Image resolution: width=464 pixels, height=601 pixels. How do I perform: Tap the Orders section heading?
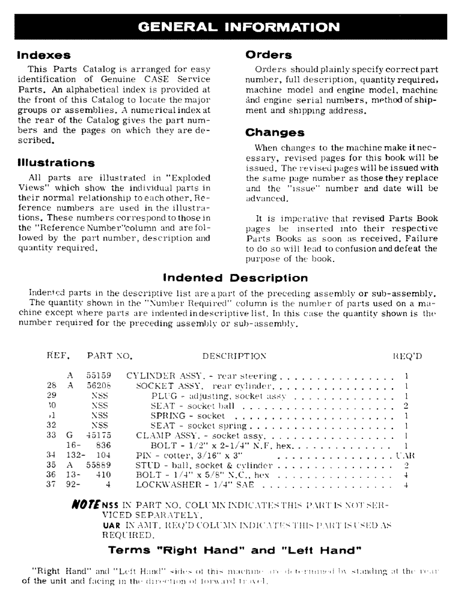coord(269,55)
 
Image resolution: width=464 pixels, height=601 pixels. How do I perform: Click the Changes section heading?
coord(275,133)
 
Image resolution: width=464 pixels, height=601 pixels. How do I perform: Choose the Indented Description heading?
coord(236,278)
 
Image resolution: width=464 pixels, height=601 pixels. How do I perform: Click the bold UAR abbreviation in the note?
coord(111,523)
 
